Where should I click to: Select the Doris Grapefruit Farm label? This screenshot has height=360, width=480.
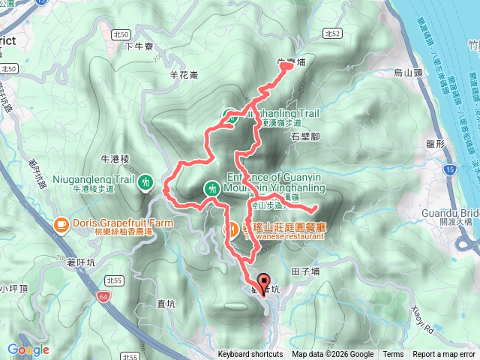point(123,223)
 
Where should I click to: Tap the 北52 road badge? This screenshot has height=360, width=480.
point(334,34)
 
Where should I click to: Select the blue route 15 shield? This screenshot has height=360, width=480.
point(448,171)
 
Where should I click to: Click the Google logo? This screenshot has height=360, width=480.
point(28,349)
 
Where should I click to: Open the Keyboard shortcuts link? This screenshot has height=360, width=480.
point(250,355)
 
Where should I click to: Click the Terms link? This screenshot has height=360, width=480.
point(392,355)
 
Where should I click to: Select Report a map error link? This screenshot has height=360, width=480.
point(443,355)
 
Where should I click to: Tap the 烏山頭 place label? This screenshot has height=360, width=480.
point(409,73)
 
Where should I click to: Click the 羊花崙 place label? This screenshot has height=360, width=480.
point(184,74)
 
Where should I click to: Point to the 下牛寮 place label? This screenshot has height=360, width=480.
point(138,46)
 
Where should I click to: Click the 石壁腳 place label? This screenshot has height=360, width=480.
point(305,136)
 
